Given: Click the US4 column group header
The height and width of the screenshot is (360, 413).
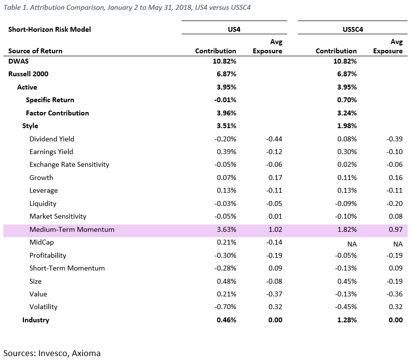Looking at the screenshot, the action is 234,29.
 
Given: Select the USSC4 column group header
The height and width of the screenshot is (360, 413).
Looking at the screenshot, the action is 353,29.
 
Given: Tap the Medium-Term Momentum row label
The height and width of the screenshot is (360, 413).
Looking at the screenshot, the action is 72,229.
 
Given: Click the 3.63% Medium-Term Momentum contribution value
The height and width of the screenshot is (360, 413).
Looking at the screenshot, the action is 227,229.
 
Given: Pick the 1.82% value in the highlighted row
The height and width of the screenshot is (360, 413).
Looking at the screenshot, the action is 347,229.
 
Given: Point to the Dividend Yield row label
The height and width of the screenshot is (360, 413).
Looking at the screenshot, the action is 52,139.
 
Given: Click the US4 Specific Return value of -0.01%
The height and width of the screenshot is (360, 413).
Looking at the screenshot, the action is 225,100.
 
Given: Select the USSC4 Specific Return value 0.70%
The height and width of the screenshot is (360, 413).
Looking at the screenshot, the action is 347,100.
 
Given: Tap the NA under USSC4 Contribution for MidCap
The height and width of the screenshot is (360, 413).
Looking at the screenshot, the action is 352,244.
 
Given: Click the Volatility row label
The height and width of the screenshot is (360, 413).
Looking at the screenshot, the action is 44,307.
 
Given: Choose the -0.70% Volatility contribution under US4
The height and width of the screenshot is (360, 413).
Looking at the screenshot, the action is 225,307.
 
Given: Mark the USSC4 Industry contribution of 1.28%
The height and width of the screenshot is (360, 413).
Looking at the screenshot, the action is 347,320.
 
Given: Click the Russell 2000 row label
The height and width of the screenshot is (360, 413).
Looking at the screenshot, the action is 28,74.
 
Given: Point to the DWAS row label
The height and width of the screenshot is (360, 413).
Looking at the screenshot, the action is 19,61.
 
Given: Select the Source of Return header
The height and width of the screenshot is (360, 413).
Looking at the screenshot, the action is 35,51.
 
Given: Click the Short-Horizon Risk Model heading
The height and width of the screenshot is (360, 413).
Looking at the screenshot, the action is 49,29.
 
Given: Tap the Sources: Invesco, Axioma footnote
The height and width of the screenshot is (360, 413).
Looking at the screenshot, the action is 52,353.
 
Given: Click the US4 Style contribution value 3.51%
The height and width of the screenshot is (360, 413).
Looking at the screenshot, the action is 227,126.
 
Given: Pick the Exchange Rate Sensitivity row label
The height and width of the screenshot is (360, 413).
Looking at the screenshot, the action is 69,165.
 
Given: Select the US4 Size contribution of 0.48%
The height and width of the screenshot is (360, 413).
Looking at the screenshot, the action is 227,281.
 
